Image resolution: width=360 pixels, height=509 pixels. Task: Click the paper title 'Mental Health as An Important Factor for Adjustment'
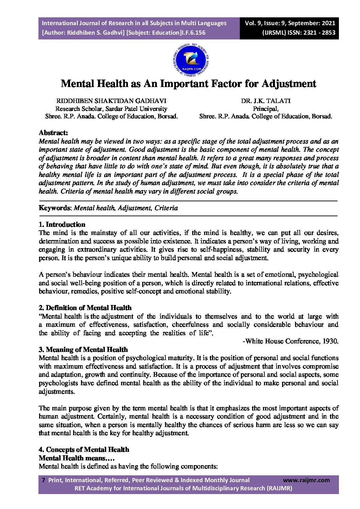pos(188,84)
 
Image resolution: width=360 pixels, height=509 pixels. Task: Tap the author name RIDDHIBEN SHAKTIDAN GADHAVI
pos(111,101)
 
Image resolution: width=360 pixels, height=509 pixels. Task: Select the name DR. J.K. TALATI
pos(266,101)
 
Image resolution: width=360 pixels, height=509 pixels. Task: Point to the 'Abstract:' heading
pos(53,133)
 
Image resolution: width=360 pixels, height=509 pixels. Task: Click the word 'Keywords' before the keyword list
pos(54,208)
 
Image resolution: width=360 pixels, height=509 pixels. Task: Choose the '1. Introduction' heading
pos(62,224)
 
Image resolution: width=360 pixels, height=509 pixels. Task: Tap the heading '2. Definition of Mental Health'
pos(85,308)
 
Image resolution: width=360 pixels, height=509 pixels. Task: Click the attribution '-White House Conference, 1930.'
pos(290,341)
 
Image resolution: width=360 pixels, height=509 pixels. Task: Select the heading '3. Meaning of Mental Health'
pos(83,350)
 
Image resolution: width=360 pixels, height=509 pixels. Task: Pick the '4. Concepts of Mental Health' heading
pos(84,449)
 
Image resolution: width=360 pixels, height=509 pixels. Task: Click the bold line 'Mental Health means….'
pos(72,458)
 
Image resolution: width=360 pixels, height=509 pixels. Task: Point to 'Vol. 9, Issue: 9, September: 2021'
pos(290,23)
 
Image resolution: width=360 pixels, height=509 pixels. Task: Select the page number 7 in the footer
pos(43,480)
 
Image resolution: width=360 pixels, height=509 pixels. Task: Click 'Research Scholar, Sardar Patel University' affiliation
pos(111,109)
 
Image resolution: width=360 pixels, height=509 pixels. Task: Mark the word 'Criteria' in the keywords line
pos(166,208)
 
